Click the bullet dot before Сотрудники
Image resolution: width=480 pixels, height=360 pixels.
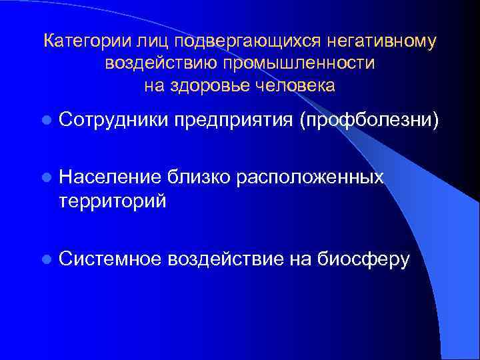coord(45,121)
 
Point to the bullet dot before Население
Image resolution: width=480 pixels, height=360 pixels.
coord(45,177)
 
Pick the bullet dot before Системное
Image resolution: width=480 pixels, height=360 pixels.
coord(45,258)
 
